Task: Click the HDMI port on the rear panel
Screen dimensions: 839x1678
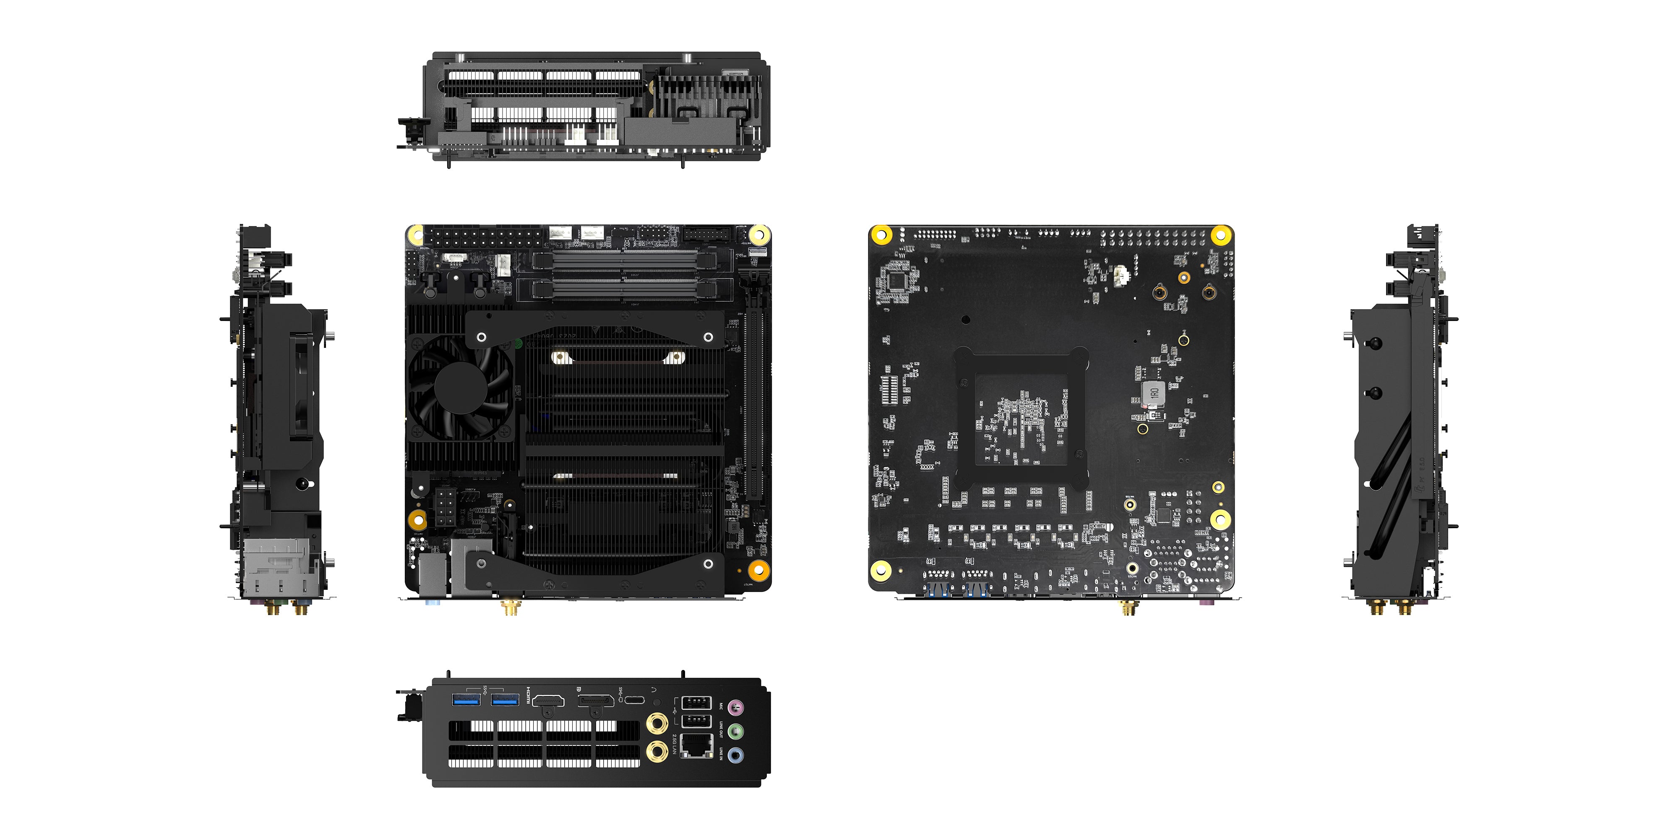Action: [x=548, y=701]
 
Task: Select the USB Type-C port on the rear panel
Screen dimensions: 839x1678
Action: [x=634, y=701]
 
